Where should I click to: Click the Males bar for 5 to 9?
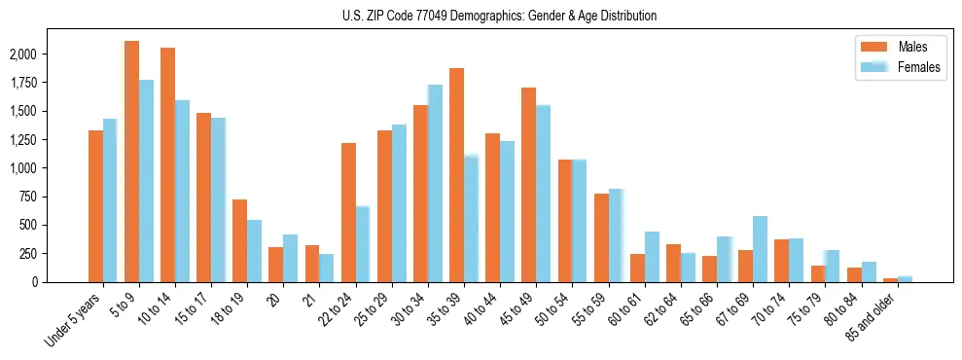tap(131, 162)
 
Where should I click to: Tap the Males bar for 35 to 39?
tap(456, 175)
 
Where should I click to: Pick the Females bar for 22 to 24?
tap(363, 243)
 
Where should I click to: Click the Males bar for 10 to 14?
tap(167, 164)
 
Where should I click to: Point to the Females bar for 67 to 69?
tap(760, 249)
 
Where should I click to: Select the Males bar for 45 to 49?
tap(528, 185)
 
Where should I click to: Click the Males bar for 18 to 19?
tap(239, 240)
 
